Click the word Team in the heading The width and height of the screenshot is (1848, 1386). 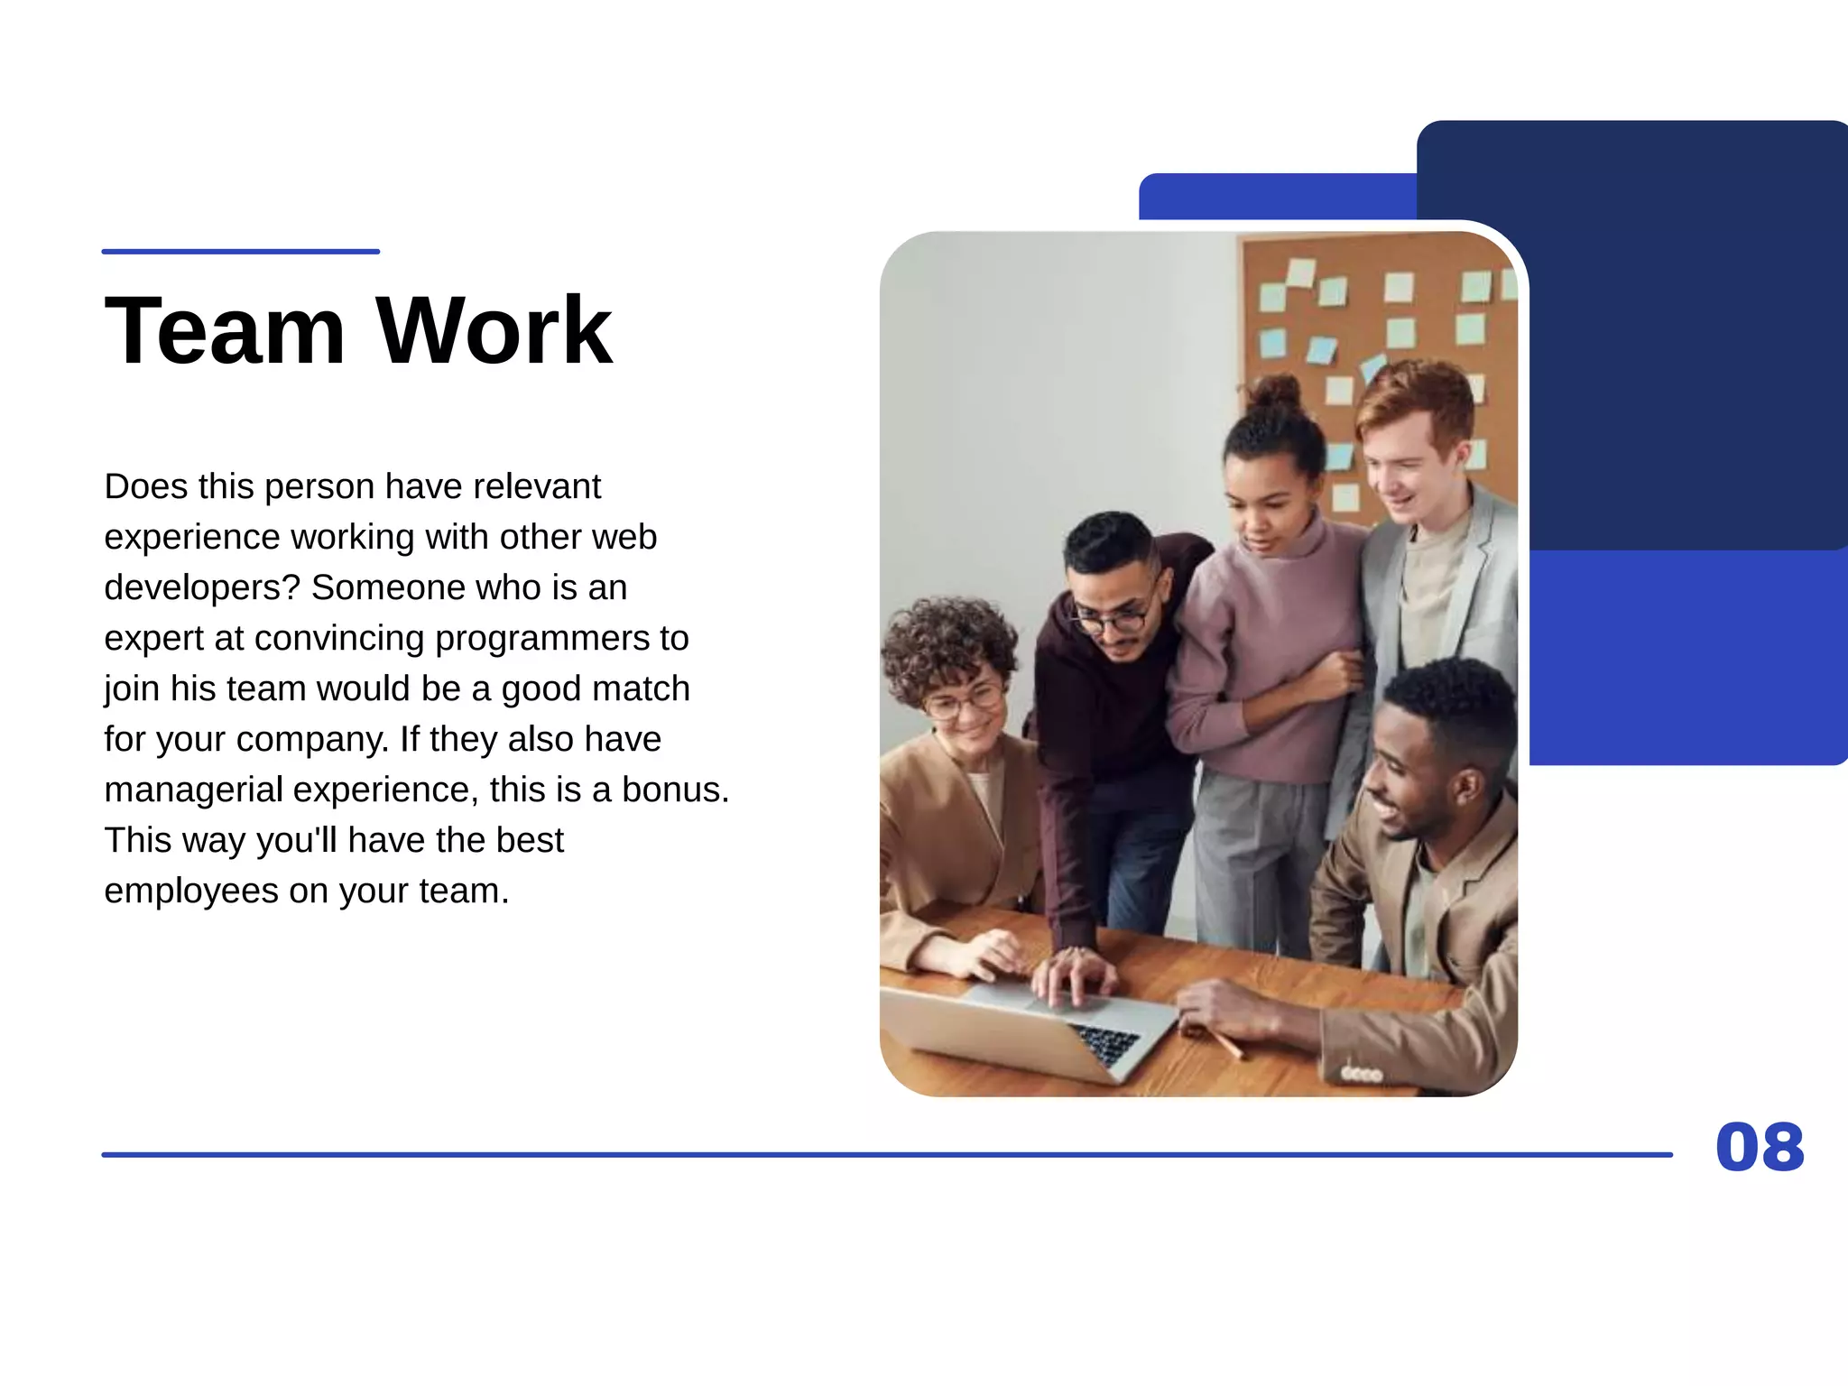(x=225, y=330)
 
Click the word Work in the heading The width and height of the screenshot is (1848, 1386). (x=494, y=330)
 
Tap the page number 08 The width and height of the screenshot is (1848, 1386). (x=1759, y=1148)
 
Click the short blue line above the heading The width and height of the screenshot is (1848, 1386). (x=240, y=252)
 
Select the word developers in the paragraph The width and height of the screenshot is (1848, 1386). (x=201, y=587)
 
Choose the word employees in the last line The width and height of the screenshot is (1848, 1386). (x=191, y=891)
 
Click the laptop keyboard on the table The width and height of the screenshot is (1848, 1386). (x=1105, y=1042)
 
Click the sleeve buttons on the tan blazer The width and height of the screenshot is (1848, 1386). (x=1362, y=1074)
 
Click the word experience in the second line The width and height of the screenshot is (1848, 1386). (x=191, y=537)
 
